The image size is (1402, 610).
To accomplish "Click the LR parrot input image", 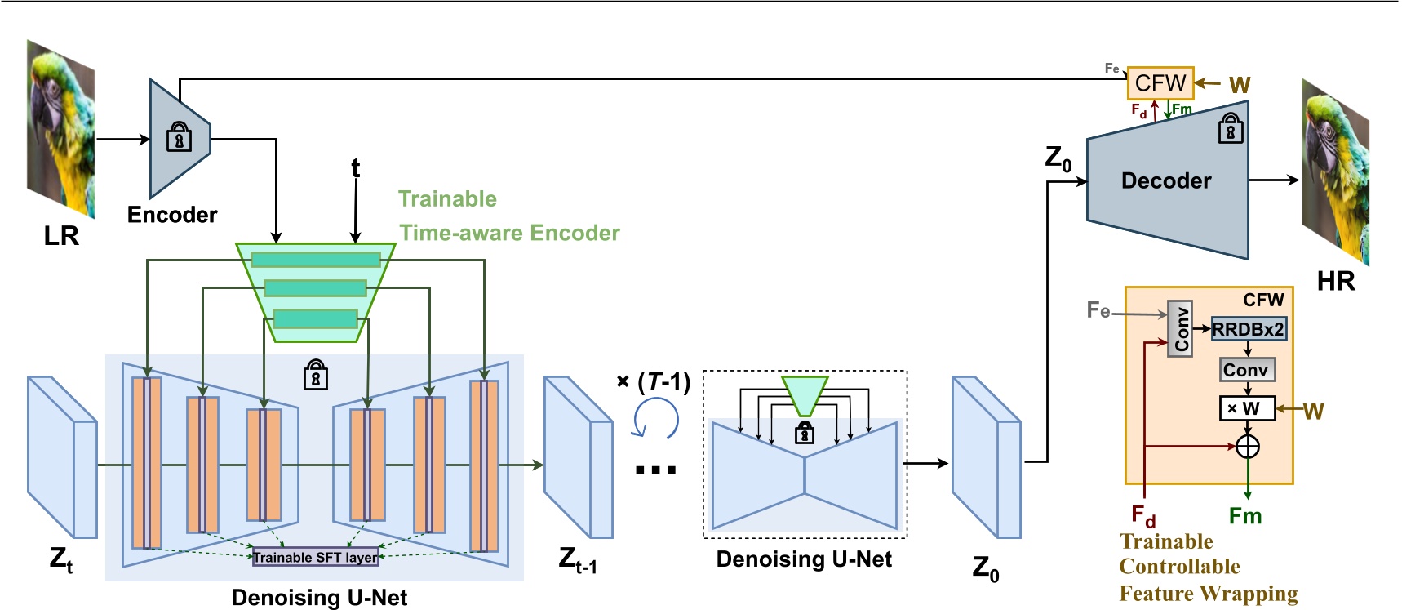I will tap(61, 129).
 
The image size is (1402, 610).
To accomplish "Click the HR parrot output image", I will tap(1335, 171).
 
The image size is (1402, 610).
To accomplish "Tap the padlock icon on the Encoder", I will tap(179, 137).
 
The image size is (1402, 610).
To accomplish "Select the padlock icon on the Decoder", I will tap(1231, 129).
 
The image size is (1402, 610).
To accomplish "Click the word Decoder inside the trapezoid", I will tap(1166, 181).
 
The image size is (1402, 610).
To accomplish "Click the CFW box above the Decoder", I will tap(1160, 83).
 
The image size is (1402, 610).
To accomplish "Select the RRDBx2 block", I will tap(1248, 329).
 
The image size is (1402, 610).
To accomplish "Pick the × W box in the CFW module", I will tap(1246, 408).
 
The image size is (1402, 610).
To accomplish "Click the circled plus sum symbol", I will tap(1248, 447).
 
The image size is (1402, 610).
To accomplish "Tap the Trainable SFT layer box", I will tap(316, 558).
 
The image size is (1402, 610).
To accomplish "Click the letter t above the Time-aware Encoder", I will tap(356, 168).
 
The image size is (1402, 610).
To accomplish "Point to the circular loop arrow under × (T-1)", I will tap(656, 420).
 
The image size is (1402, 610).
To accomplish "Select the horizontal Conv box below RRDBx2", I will tap(1246, 370).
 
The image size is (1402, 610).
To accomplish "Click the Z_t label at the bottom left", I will tap(61, 560).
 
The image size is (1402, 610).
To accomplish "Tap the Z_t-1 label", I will tap(578, 560).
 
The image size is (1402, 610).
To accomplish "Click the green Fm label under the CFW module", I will tap(1245, 516).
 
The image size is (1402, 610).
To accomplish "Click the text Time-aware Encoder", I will tap(510, 234).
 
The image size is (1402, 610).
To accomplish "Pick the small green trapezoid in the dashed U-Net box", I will tap(805, 395).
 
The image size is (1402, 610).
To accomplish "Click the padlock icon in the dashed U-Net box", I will tap(805, 433).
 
